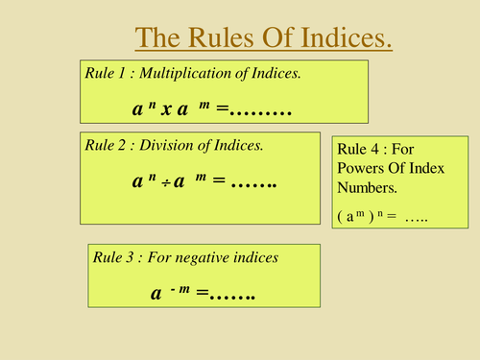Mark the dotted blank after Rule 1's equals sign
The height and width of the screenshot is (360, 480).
pos(262,111)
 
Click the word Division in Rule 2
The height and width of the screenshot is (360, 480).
pos(180,147)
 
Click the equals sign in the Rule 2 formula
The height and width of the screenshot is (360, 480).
pos(217,180)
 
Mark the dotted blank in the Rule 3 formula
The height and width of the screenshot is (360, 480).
pos(236,296)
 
